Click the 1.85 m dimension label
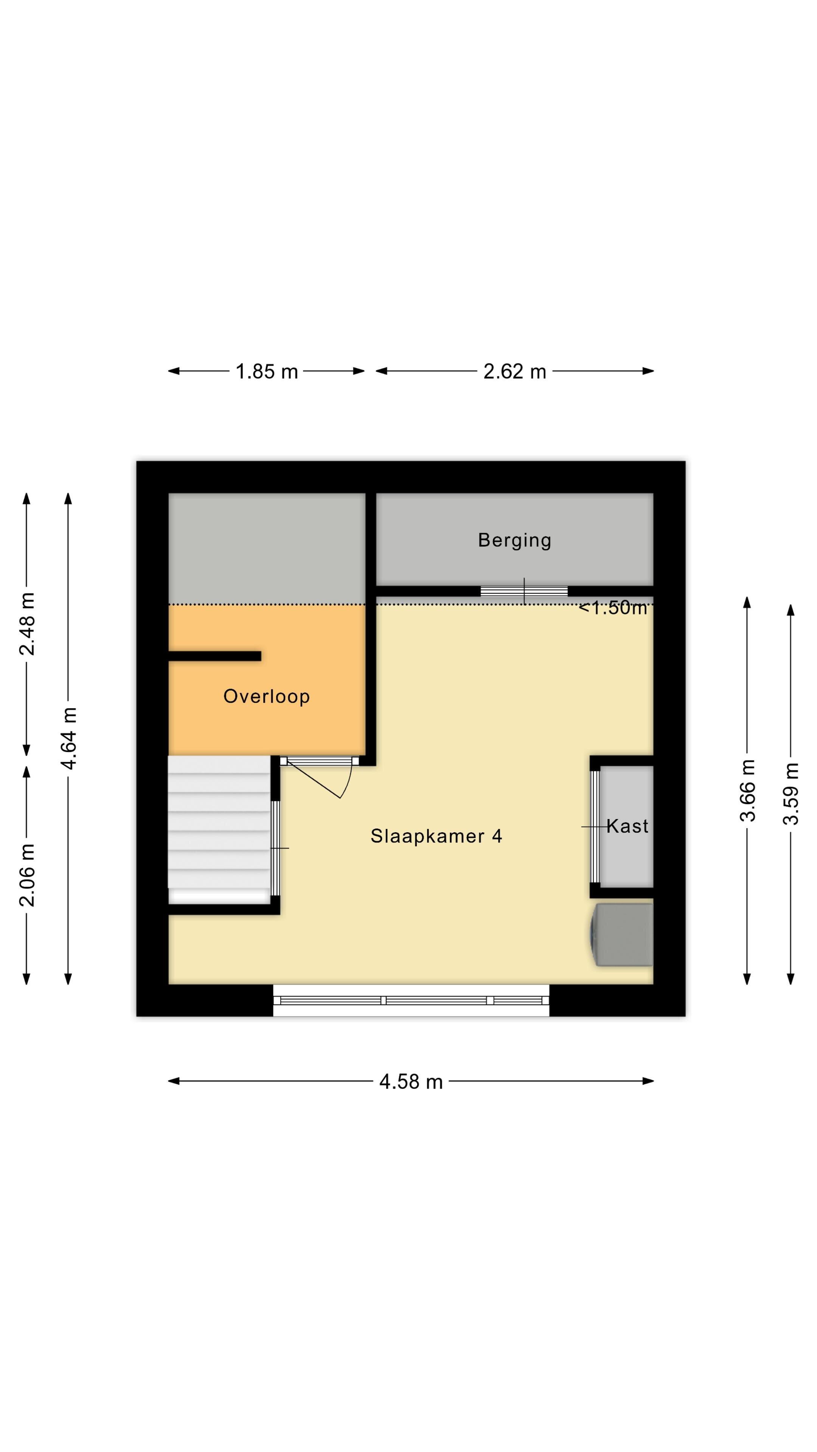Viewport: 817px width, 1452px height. (267, 371)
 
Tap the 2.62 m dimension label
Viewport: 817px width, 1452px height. (515, 371)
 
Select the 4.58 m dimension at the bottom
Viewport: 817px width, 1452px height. (411, 1082)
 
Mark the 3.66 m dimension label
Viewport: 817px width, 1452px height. (748, 791)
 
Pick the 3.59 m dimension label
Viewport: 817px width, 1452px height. (791, 794)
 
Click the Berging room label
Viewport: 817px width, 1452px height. (515, 540)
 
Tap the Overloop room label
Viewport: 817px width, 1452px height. (267, 696)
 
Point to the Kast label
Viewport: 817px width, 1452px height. (627, 826)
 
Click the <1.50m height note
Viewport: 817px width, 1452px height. (613, 608)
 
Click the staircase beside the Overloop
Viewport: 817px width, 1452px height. (219, 830)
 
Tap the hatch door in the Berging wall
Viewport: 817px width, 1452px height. (524, 591)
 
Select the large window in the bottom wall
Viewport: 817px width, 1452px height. (411, 1001)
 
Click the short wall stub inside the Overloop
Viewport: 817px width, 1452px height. (215, 656)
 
